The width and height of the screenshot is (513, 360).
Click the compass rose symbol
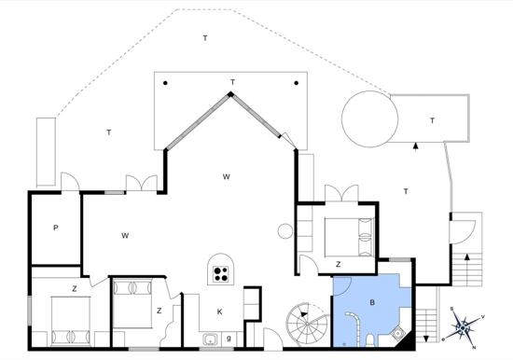point(463,327)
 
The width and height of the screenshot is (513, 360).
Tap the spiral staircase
point(308,324)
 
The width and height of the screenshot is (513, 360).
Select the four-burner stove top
point(220,274)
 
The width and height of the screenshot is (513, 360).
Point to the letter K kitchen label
point(219,312)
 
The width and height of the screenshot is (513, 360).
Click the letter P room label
point(56,228)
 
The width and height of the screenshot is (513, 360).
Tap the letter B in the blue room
point(371,302)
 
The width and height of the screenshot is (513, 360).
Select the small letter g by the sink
point(229,338)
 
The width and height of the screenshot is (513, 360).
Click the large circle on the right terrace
point(369,118)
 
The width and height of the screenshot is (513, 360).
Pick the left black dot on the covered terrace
point(165,83)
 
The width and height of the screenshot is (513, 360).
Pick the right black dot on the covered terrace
point(297,83)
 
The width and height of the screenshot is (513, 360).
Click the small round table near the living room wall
point(285,231)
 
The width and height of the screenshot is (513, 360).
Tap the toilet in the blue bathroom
point(369,340)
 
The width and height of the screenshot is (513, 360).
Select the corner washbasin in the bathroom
point(398,333)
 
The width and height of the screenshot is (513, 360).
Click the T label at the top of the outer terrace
point(205,38)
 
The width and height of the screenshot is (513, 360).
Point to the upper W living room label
point(226,176)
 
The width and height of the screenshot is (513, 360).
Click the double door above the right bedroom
point(342,193)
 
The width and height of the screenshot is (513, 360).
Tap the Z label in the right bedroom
point(339,264)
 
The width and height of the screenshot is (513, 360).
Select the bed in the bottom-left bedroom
point(71,322)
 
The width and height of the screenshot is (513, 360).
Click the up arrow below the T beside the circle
point(416,146)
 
